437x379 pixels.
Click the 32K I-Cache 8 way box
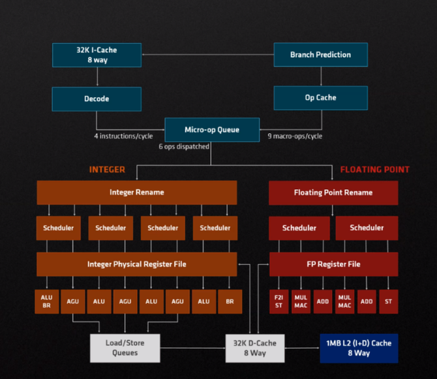97,55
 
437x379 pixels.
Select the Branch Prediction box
320,55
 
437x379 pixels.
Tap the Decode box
97,99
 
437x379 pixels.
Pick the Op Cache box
320,98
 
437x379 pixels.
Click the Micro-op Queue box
212,129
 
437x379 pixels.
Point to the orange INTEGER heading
107,170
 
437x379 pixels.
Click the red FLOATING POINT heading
374,170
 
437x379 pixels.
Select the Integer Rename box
136,192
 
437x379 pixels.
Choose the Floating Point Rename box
333,192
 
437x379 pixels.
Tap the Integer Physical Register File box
136,264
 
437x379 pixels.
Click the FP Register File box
333,264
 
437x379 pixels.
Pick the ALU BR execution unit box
46,301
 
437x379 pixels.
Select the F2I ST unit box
279,301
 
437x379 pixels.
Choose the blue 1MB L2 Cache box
358,348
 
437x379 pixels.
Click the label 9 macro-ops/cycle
295,136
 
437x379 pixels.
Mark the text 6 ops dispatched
183,147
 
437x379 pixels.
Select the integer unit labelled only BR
229,301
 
